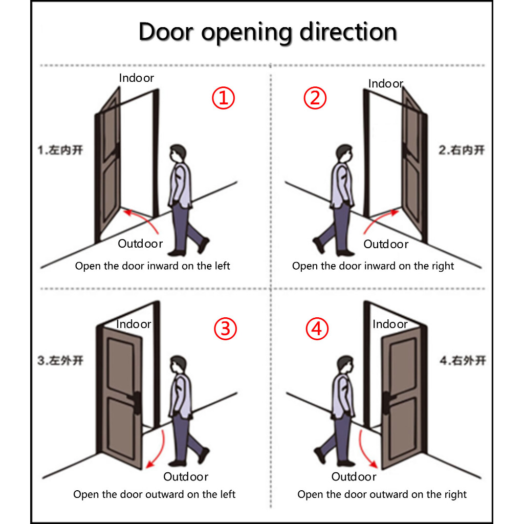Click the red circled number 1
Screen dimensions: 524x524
coord(223,98)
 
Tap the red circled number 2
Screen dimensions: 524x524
coord(315,98)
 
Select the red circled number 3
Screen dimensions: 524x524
coord(225,329)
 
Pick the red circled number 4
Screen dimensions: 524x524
coord(317,329)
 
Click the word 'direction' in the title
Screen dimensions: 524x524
coord(348,32)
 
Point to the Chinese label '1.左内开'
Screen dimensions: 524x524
coord(60,150)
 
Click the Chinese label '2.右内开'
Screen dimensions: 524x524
coord(462,150)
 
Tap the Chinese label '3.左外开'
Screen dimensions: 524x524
coord(60,361)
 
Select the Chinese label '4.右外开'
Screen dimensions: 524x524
coord(463,361)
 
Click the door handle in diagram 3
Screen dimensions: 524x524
coord(135,401)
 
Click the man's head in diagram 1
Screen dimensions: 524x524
coord(178,154)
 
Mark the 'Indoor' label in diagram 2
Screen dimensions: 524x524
coord(386,83)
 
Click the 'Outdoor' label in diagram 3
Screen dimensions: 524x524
coord(186,476)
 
